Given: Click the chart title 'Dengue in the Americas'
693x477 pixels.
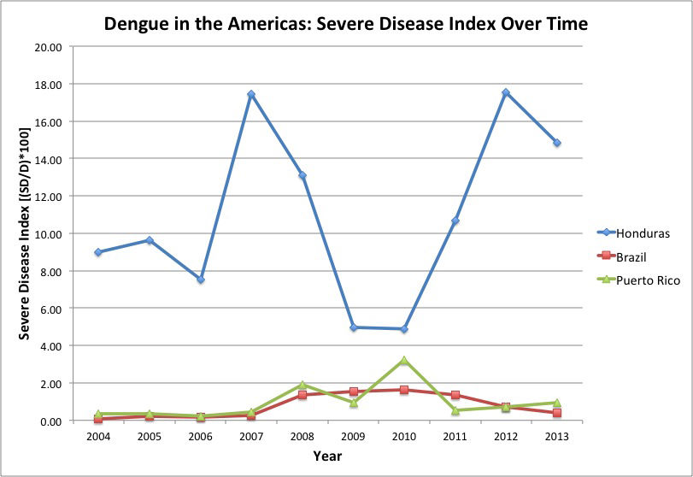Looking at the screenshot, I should (x=345, y=23).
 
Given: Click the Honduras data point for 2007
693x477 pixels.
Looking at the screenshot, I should (x=251, y=95).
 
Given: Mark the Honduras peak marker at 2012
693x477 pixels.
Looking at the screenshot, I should (x=506, y=92).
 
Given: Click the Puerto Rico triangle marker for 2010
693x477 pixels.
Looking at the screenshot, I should (x=404, y=361).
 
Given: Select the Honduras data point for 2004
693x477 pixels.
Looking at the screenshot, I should (x=99, y=252).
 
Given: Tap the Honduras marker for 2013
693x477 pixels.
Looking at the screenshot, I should (x=557, y=143).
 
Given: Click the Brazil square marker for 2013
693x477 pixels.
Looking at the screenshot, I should (x=557, y=413).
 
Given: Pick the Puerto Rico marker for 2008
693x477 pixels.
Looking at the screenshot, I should (x=302, y=385).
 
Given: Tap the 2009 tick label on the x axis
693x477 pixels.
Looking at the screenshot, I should (x=353, y=437).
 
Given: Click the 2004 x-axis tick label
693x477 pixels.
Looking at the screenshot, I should (x=99, y=437).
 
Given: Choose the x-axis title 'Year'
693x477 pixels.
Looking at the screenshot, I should (x=327, y=456).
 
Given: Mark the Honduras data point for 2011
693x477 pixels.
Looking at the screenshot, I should (x=455, y=221).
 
